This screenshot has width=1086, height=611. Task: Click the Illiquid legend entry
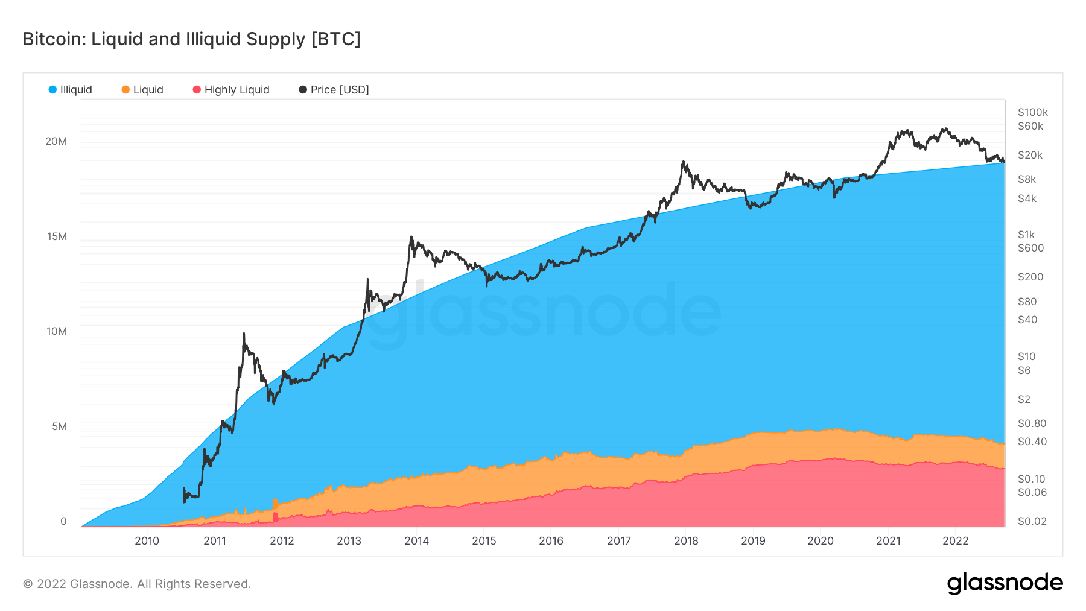pyautogui.click(x=70, y=90)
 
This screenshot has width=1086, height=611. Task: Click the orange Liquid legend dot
pyautogui.click(x=125, y=90)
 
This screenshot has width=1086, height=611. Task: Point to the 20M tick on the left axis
pyautogui.click(x=56, y=141)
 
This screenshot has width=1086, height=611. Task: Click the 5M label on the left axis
pyautogui.click(x=59, y=426)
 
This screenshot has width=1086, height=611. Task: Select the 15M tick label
pyautogui.click(x=57, y=236)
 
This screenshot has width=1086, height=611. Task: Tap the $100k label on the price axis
pyautogui.click(x=1032, y=112)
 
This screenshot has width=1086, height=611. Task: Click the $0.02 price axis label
pyautogui.click(x=1032, y=521)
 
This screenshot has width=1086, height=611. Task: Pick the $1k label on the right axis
pyautogui.click(x=1026, y=235)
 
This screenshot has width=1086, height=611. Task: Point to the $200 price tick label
pyautogui.click(x=1030, y=277)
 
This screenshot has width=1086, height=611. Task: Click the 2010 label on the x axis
pyautogui.click(x=147, y=541)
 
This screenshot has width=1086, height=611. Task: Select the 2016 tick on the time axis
pyautogui.click(x=551, y=541)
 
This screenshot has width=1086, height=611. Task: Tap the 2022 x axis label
pyautogui.click(x=955, y=541)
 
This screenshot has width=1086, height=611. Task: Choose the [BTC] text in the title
pyautogui.click(x=335, y=39)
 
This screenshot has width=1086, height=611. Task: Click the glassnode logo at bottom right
pyautogui.click(x=1005, y=583)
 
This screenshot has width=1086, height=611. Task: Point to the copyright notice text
pyautogui.click(x=136, y=584)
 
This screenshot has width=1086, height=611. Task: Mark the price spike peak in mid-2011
pyautogui.click(x=244, y=334)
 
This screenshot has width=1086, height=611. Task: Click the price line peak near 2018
pyautogui.click(x=683, y=162)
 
